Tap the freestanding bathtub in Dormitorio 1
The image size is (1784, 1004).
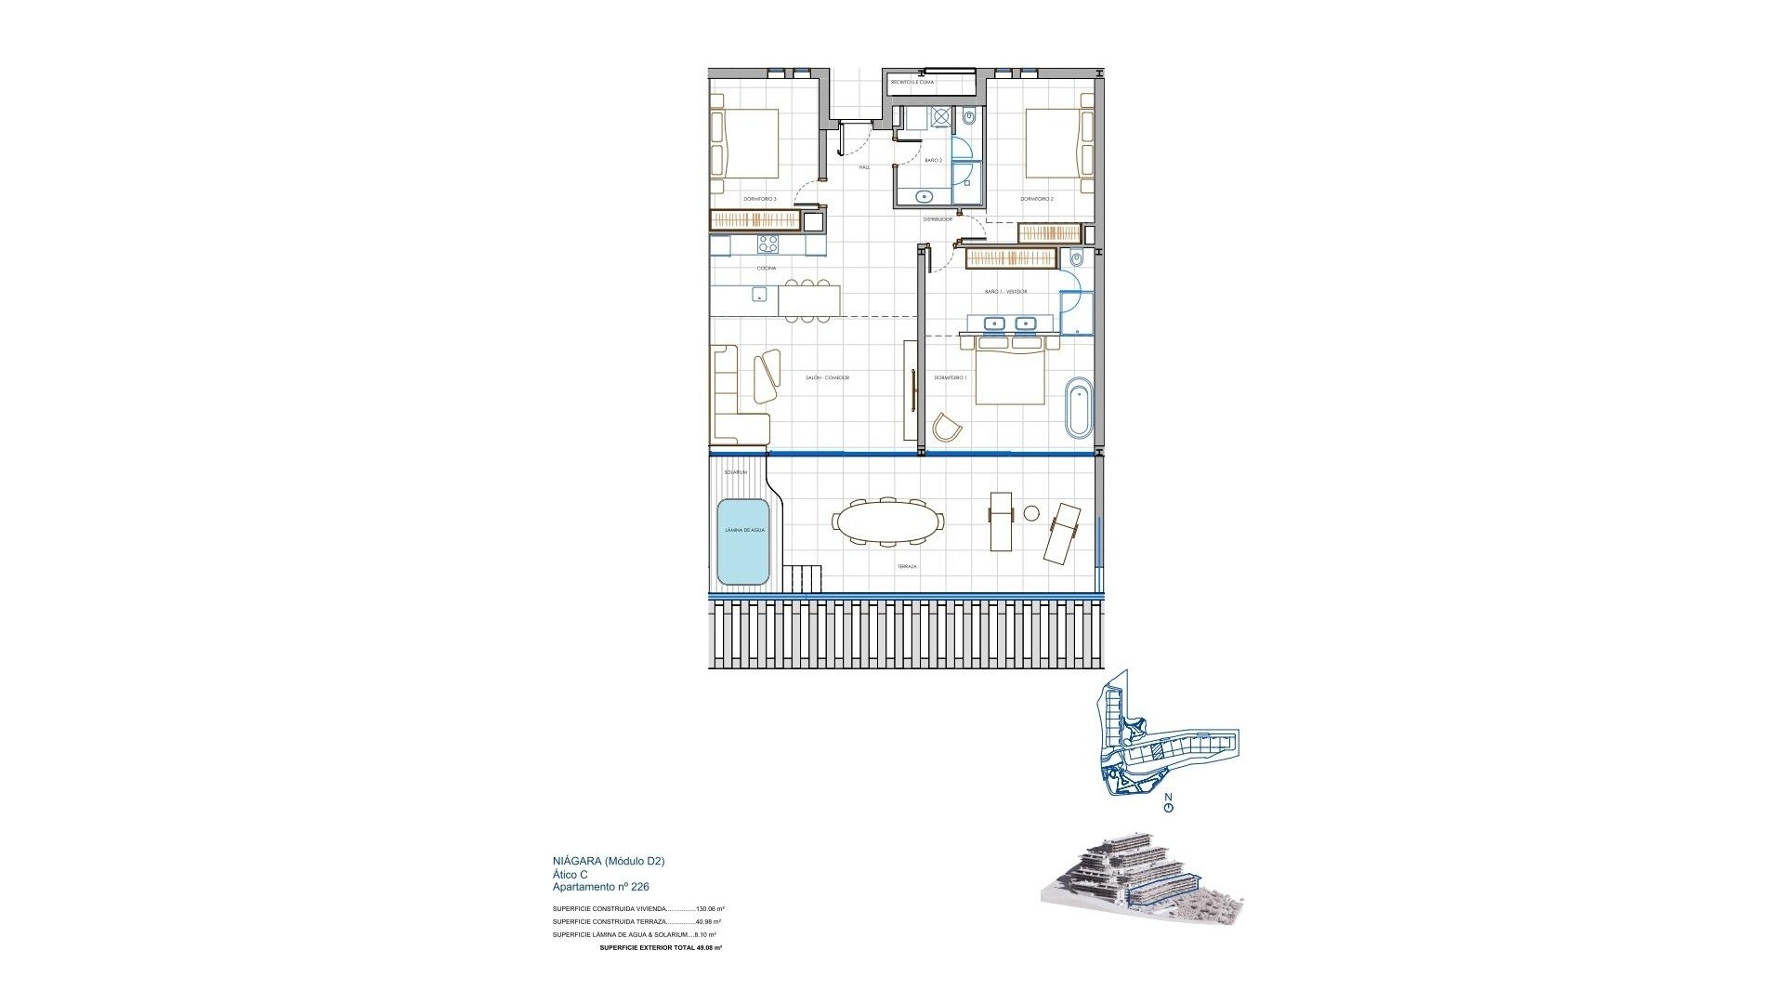pos(1079,407)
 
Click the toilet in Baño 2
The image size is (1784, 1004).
pos(968,118)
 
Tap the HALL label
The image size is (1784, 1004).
pos(864,167)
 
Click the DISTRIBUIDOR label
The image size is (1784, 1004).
pos(937,219)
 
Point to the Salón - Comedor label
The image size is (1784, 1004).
pos(827,377)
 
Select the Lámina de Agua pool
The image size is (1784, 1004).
pos(743,542)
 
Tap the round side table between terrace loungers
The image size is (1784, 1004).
pos(1031,513)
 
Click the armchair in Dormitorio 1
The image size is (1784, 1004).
pos(947,428)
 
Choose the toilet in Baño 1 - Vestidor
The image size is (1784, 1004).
pos(1078,258)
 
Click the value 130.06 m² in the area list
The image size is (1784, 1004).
pos(710,909)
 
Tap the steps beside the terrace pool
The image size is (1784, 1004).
pos(804,578)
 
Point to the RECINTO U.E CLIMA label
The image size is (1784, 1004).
pos(912,83)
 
